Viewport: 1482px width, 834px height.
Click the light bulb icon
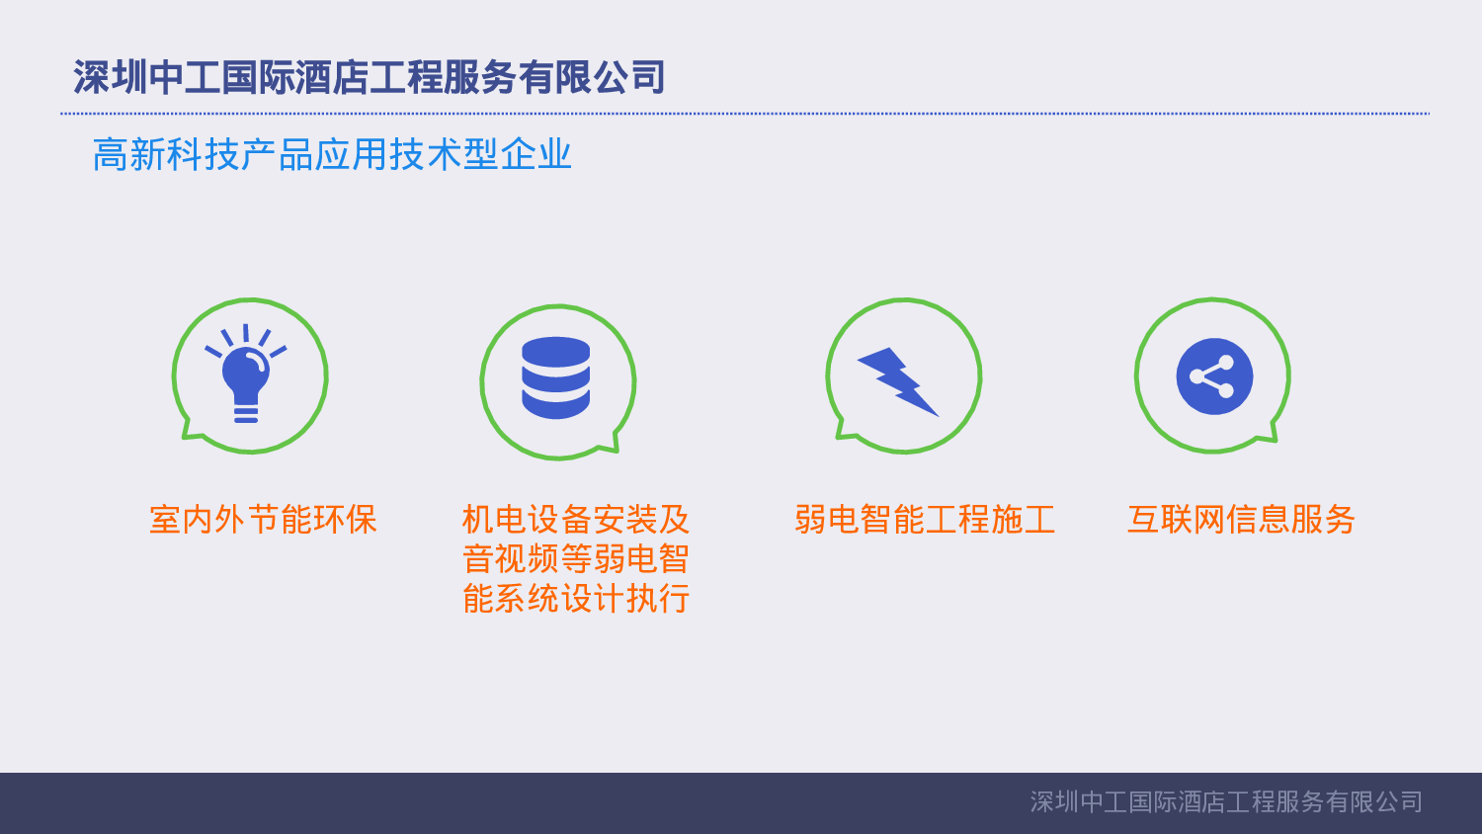tap(246, 374)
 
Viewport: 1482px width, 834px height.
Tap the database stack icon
tap(556, 378)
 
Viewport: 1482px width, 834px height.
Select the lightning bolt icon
tap(899, 381)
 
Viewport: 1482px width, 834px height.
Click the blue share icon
tap(1214, 376)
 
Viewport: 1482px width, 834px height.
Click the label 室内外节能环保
tap(263, 520)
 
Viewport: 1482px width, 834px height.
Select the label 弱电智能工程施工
tap(925, 520)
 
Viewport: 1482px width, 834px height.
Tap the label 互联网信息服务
tap(1241, 520)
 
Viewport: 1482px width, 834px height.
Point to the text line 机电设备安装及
tap(576, 520)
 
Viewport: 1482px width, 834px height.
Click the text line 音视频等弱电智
tap(576, 559)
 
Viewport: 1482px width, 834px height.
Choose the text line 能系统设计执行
tap(576, 599)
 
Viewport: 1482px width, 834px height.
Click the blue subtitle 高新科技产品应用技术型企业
tap(332, 155)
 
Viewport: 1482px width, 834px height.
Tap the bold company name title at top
tap(369, 77)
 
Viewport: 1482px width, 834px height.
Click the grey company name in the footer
tap(1226, 802)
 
